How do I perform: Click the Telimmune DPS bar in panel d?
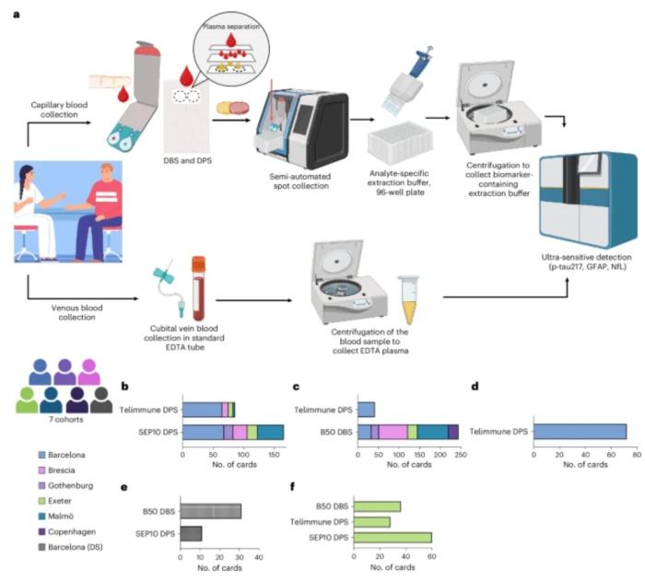point(580,431)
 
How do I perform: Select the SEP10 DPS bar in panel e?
point(191,533)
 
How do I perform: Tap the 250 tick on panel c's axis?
point(457,454)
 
